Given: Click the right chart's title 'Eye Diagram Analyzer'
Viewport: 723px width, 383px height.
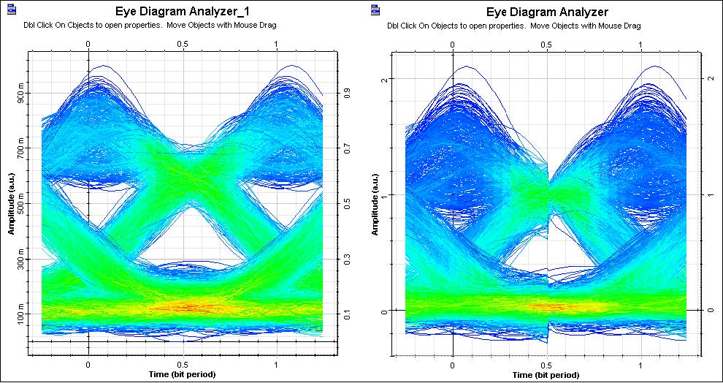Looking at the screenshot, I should click(547, 12).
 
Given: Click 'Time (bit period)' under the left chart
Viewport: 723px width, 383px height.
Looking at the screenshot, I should click(182, 374).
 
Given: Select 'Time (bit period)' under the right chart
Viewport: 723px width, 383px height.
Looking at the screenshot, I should click(546, 374).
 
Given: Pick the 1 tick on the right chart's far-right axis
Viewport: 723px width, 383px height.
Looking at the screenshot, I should click(711, 194).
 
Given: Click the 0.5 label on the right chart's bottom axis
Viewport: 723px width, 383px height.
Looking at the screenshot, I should click(547, 363).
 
